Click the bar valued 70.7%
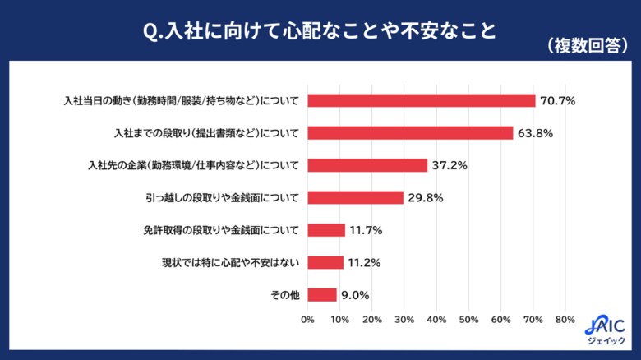(x=421, y=100)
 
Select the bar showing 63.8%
(x=410, y=132)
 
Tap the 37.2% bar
(x=367, y=165)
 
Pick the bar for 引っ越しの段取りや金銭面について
(x=355, y=197)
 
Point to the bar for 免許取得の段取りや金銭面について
(x=326, y=230)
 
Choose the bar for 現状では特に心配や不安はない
(x=325, y=262)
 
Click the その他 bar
(x=322, y=294)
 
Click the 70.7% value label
(x=557, y=101)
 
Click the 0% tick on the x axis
(x=307, y=319)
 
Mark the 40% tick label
(x=436, y=319)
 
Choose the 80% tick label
(x=565, y=319)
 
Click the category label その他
(x=285, y=295)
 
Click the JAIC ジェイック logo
(x=610, y=329)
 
